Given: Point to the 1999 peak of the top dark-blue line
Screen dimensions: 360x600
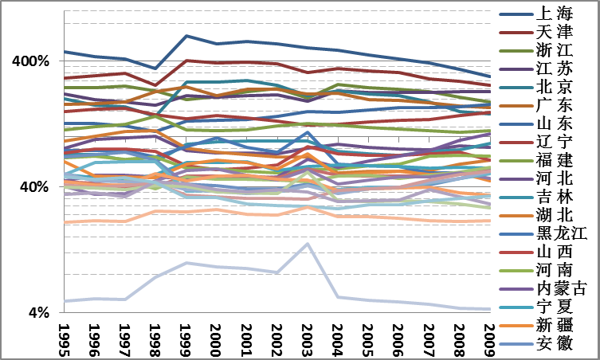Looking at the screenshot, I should click(x=186, y=36).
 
